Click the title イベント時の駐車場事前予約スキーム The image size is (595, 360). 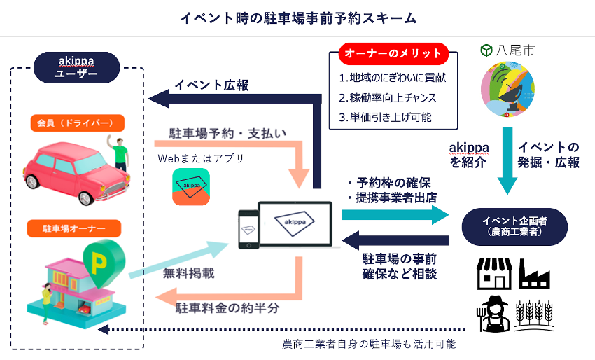click(298, 18)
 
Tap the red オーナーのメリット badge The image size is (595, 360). click(392, 54)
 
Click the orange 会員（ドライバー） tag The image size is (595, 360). click(77, 123)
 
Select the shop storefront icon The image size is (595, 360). click(493, 274)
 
